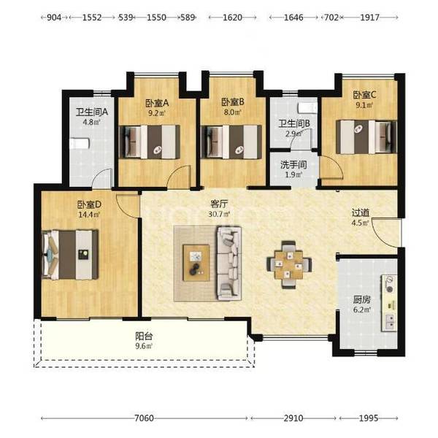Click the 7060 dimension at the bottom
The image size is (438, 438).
pos(144,418)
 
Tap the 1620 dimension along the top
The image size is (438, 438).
pos(232,18)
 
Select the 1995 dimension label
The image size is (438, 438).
pos(369,418)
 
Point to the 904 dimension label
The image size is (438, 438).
pos(54,18)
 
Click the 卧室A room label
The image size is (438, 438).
pos(157,104)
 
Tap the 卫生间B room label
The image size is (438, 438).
pos(294,123)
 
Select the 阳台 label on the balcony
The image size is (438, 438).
pos(144,336)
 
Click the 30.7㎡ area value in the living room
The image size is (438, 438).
pos(219,214)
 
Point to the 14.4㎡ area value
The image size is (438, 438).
pos(89,215)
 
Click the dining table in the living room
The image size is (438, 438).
pos(289,264)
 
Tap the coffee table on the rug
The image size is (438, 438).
pos(196,263)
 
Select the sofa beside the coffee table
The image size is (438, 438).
pos(228,264)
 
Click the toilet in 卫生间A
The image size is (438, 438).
pos(80,144)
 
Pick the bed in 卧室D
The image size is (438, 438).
pos(70,255)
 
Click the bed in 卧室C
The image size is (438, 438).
pos(366,137)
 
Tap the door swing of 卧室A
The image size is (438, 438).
pos(179,177)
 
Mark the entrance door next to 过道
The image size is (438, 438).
pos(385,233)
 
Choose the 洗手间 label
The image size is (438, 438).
pos(293,165)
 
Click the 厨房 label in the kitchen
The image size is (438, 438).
pos(362,300)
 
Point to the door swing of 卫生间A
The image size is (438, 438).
pos(102,178)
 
